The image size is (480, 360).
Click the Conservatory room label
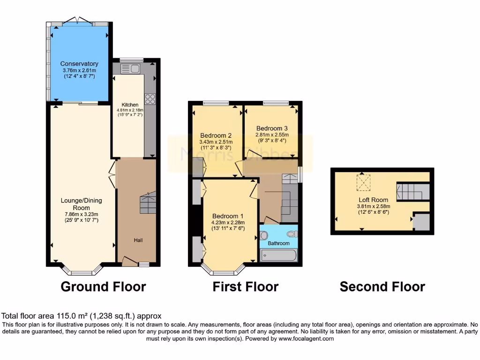[x=79, y=64]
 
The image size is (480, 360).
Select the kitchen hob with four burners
[x=150, y=98]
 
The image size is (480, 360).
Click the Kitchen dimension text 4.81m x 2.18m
[x=130, y=111]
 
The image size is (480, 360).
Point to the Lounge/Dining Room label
[x=81, y=204]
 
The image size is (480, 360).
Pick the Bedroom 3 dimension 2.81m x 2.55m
[x=272, y=135]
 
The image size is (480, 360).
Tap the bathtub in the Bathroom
[x=278, y=255]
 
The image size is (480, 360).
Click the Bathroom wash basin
[x=263, y=236]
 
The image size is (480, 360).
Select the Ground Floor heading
[x=103, y=286]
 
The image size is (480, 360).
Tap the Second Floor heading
[x=382, y=286]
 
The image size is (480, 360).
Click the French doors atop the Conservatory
[x=78, y=21]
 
